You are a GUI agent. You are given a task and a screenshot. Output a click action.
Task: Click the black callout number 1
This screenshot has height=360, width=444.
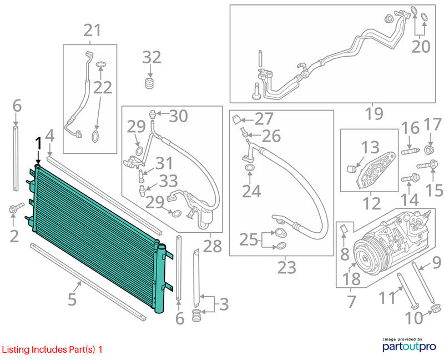pyautogui.click(x=38, y=144)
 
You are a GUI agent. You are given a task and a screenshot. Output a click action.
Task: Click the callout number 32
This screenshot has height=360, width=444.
pyautogui.click(x=152, y=58)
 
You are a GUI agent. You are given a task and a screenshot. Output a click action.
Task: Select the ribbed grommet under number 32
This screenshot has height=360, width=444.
pyautogui.click(x=150, y=83)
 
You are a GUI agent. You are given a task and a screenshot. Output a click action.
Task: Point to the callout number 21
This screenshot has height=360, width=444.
pyautogui.click(x=92, y=31)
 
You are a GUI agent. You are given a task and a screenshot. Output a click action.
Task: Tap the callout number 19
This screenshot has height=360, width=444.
pyautogui.click(x=374, y=113)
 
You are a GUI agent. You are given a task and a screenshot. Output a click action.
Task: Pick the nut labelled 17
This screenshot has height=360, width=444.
pyautogui.click(x=429, y=149)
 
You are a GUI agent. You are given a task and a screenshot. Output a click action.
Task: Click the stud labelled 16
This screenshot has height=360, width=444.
pyautogui.click(x=411, y=151)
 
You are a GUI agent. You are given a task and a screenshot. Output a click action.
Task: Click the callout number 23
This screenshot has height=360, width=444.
pyautogui.click(x=286, y=267)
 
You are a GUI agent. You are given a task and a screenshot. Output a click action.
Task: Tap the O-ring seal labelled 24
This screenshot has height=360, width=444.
pyautogui.click(x=249, y=168)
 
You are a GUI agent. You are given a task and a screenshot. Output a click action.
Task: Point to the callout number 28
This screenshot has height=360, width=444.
pyautogui.click(x=213, y=246)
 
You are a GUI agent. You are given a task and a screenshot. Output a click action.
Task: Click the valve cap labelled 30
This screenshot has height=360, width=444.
pyautogui.click(x=153, y=113)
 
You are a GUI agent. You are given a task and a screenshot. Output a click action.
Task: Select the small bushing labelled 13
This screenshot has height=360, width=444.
pyautogui.click(x=352, y=169)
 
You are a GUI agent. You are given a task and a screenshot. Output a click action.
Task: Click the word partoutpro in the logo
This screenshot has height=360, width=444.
pyautogui.click(x=409, y=347)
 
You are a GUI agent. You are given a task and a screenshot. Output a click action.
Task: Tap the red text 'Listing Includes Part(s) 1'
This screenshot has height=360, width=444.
pyautogui.click(x=52, y=349)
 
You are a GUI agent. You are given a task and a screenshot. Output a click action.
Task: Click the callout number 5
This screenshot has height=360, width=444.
pyautogui.click(x=72, y=299)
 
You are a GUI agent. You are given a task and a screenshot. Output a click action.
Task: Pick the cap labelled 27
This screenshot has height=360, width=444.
pyautogui.click(x=236, y=119)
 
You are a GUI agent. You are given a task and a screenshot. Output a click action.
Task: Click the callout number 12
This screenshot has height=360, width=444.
pyautogui.click(x=371, y=203)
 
